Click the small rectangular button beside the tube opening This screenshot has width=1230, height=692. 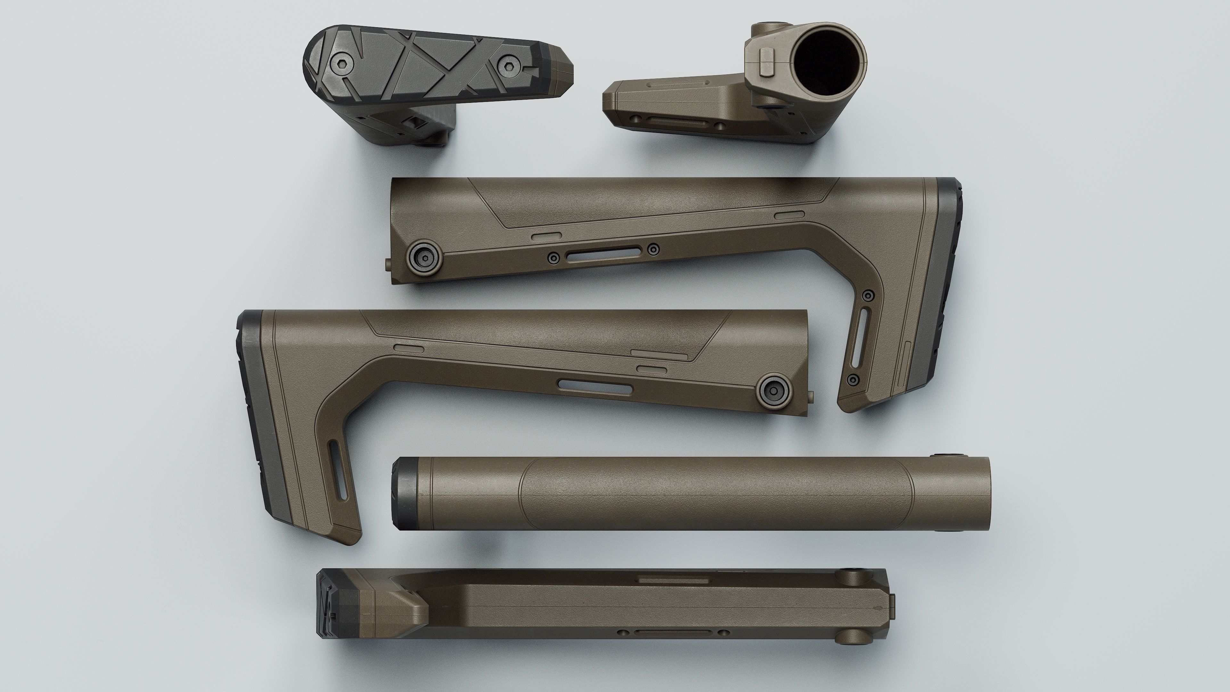tap(766, 61)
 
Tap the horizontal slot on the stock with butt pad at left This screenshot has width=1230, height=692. tap(596, 386)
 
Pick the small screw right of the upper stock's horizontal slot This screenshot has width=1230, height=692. tap(654, 248)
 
